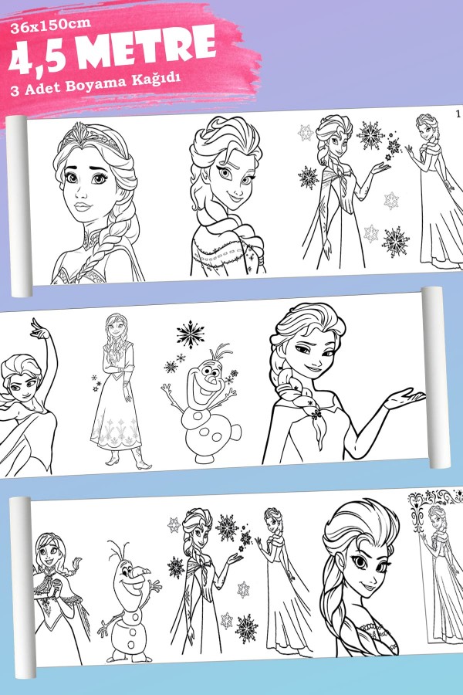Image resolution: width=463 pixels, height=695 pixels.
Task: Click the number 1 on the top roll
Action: pyautogui.click(x=458, y=114)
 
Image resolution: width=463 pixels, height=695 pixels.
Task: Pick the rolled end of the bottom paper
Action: pyautogui.click(x=23, y=588)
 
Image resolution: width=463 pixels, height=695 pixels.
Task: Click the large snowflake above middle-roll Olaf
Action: pyautogui.click(x=191, y=334)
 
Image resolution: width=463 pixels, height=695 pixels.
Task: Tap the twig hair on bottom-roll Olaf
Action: pyautogui.click(x=119, y=551)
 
